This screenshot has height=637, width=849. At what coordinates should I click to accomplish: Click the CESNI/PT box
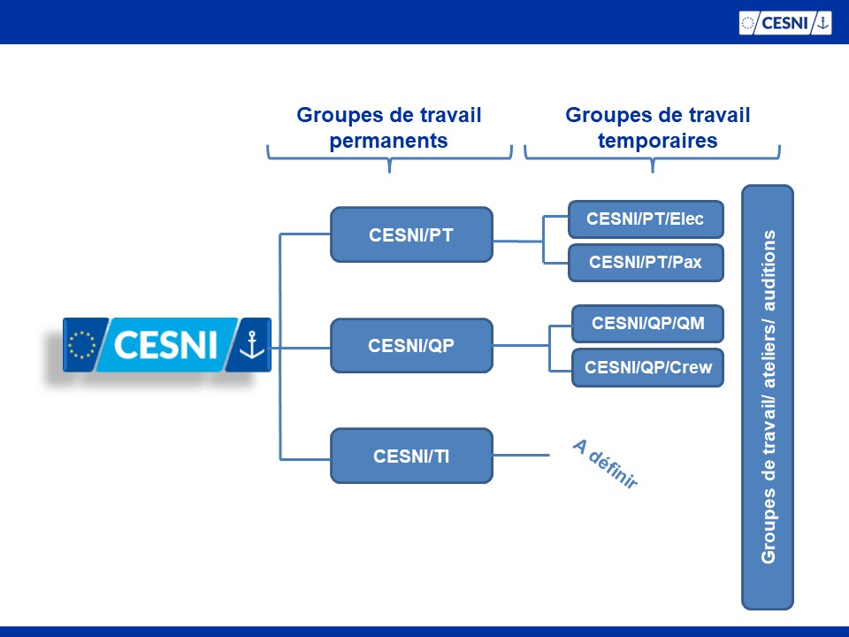click(x=411, y=234)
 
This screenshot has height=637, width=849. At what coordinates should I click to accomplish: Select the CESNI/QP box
click(x=411, y=346)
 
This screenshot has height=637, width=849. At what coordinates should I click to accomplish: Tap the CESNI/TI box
click(x=411, y=457)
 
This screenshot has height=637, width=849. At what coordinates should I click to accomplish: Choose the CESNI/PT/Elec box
click(x=646, y=219)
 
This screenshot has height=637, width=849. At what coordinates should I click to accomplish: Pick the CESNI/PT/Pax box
click(x=646, y=263)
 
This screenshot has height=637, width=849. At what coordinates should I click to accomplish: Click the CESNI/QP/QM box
click(x=647, y=324)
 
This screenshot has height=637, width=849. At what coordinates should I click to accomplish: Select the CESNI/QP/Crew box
click(x=647, y=368)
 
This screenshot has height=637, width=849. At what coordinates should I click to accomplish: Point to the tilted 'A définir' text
click(x=605, y=464)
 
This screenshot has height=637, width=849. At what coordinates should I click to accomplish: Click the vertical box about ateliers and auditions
click(x=768, y=397)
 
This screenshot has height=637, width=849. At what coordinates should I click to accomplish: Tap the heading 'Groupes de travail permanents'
click(x=389, y=127)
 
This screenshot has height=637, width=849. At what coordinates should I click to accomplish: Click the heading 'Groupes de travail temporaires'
click(x=657, y=127)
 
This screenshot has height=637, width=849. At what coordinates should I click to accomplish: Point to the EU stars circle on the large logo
click(x=81, y=345)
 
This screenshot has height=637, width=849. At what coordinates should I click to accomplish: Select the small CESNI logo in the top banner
click(x=785, y=23)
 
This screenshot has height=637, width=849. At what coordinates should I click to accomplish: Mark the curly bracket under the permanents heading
click(x=389, y=158)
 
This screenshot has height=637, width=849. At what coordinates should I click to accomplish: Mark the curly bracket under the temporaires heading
click(x=653, y=158)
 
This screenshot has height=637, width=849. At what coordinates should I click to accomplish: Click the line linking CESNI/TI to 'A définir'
click(x=522, y=455)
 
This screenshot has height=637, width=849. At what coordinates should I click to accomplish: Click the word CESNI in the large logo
click(x=165, y=345)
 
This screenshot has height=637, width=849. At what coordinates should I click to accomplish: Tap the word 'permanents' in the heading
click(x=389, y=141)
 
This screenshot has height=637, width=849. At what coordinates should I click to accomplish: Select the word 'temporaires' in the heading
click(x=657, y=141)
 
